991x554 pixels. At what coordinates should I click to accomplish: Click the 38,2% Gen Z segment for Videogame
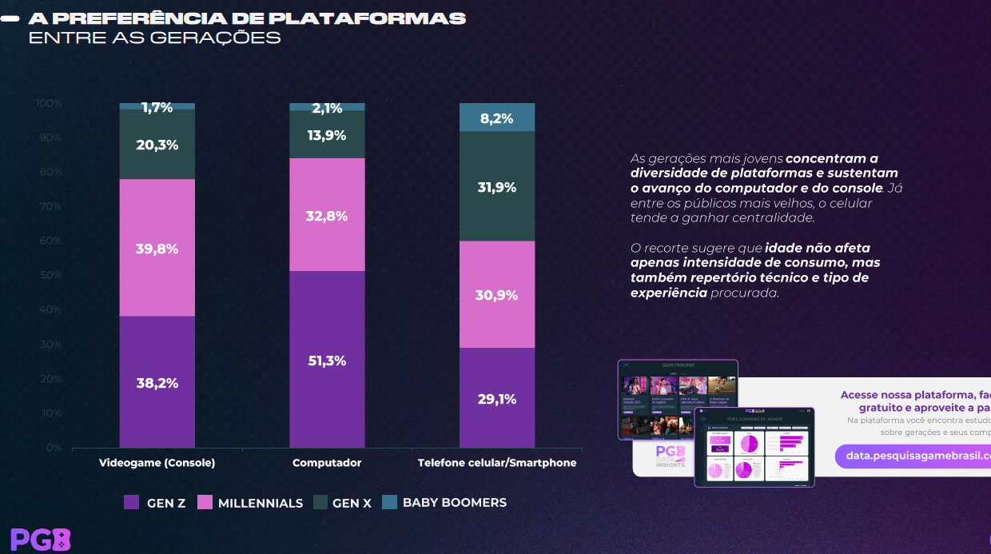point(157,382)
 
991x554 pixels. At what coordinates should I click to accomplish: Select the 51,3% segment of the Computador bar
point(327,360)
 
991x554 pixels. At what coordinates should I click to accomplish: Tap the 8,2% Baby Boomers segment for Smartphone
point(496,118)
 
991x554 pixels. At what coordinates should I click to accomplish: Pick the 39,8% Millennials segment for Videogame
point(157,248)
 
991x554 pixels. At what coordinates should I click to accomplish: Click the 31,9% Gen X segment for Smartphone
point(496,186)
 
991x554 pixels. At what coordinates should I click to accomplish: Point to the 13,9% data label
point(327,136)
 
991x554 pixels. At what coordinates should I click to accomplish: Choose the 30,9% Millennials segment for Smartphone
point(496,294)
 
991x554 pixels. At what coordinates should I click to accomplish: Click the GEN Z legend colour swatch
point(132,503)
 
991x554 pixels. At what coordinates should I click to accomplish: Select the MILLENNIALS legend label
point(261,504)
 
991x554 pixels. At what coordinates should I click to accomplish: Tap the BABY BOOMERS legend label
point(455,503)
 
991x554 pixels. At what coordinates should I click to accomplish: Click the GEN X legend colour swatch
point(320,503)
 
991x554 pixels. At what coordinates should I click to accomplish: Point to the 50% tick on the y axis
point(50,275)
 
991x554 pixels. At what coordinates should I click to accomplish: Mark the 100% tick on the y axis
point(49,103)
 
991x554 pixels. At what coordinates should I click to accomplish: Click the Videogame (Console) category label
point(157,463)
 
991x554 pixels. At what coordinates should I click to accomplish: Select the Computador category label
point(327,463)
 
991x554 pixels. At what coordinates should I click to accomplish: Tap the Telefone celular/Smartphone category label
point(496,463)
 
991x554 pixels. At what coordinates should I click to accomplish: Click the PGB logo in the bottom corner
point(40,540)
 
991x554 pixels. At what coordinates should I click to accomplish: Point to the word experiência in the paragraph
point(669,293)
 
